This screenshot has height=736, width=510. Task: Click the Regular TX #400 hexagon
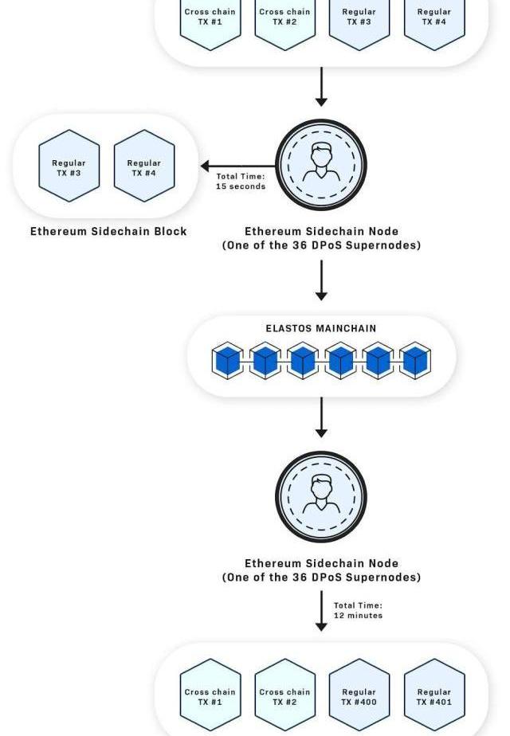tap(359, 695)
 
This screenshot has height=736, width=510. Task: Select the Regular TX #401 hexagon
tap(434, 695)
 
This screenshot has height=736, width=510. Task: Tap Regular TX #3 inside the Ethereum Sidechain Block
tap(69, 166)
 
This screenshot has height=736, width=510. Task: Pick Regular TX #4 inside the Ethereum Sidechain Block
tap(144, 166)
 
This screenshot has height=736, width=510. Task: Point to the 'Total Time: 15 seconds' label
tap(241, 181)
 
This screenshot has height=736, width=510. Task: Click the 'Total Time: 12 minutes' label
tap(359, 610)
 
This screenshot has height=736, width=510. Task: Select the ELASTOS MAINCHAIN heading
tap(321, 328)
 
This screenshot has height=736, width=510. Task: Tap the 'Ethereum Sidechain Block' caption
tap(108, 231)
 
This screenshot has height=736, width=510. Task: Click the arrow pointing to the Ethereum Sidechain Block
tap(238, 166)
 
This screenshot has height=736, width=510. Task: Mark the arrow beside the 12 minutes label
tap(321, 611)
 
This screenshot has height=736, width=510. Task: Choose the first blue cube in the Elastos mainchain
tap(228, 360)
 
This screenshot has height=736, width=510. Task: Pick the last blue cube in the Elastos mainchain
tap(415, 360)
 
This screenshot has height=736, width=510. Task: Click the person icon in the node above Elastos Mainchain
tap(321, 162)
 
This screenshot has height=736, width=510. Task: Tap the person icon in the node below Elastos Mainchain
tap(321, 495)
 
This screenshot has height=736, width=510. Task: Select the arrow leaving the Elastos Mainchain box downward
tap(321, 417)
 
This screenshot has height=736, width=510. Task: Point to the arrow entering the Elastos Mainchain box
tap(321, 280)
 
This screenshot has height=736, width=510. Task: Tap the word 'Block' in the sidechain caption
tap(172, 231)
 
